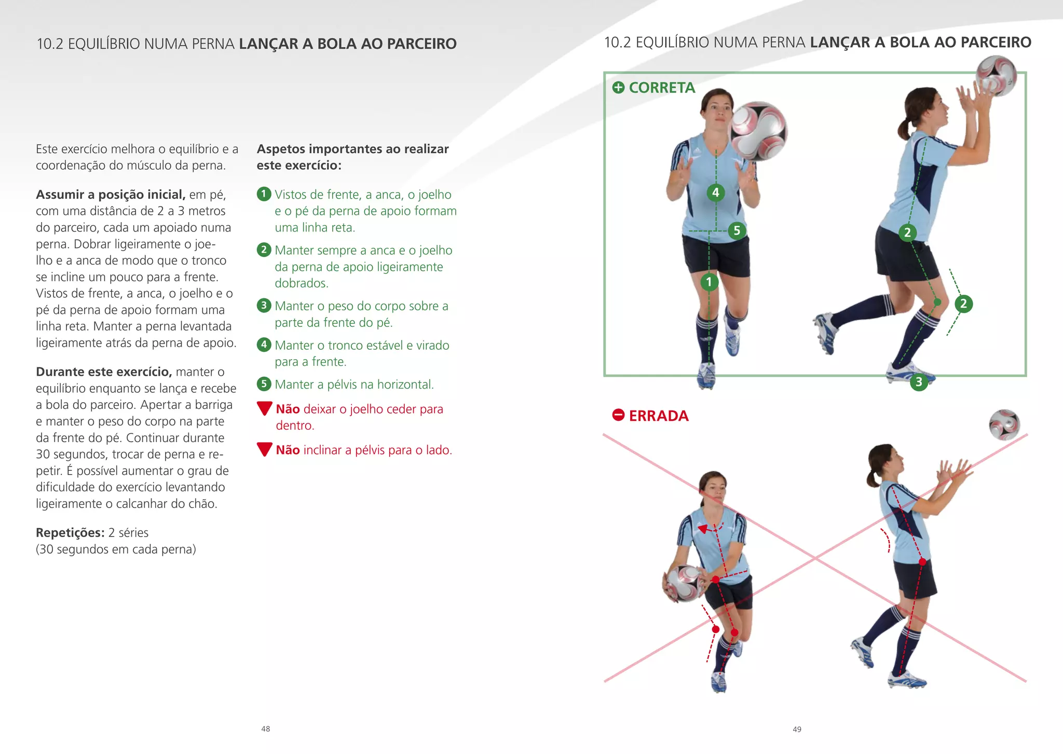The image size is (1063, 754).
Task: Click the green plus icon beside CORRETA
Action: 618,87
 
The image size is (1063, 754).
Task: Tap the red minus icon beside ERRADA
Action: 618,415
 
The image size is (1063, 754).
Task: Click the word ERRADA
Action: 659,416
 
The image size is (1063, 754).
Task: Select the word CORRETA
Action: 662,88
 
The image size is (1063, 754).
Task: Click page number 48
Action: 266,729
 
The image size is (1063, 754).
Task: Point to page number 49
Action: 797,729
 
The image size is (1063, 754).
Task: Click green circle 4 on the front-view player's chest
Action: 716,193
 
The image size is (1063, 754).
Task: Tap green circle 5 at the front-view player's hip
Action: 737,230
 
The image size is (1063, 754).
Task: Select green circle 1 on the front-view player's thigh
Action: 709,282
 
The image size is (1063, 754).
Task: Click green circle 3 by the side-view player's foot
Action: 919,382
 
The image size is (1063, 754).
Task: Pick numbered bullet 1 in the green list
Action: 264,194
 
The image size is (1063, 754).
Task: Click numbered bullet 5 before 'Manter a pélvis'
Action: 264,384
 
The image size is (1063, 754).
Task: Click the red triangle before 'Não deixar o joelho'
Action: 265,408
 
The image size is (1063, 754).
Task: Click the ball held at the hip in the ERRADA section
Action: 684,583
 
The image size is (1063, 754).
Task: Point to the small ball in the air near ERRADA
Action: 1004,424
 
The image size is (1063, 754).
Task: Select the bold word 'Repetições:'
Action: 70,533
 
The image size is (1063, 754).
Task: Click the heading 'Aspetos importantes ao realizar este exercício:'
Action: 352,157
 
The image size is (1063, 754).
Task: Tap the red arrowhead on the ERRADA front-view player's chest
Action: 703,529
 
